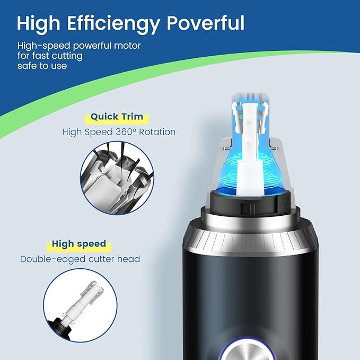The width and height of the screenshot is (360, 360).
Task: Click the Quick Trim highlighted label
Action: coord(117,117)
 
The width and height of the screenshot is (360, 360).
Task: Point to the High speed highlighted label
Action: coord(78,244)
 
